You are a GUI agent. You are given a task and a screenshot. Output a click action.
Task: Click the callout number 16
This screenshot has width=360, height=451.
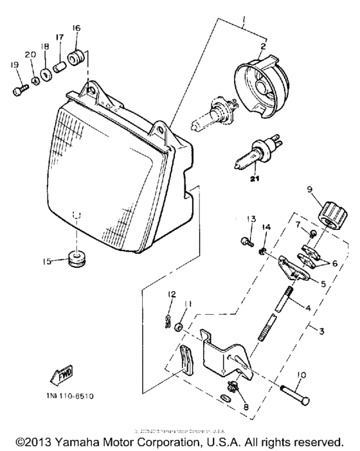76,28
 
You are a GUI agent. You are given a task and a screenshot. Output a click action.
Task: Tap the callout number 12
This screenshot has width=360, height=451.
172,294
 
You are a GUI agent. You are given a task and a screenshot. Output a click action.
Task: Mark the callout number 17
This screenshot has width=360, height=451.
59,38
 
